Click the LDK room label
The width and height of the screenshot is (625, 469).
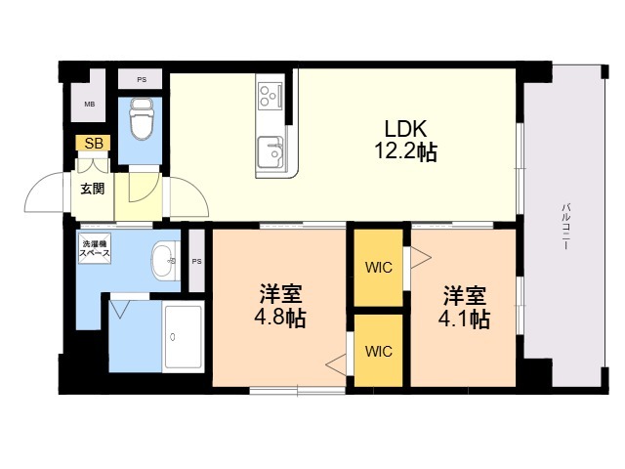coord(406,129)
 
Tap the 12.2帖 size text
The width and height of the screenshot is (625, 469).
coord(406,152)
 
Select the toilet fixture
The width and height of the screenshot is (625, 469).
coord(142,119)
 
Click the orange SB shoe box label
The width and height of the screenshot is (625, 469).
coord(94,143)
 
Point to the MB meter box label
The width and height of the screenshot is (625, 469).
coord(89,105)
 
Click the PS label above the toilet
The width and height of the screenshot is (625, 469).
coord(142,80)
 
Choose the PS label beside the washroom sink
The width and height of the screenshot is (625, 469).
coord(196,262)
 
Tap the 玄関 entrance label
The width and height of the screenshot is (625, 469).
coord(93,189)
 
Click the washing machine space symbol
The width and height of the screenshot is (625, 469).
coord(95,248)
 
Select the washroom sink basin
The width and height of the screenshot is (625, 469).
coord(163,261)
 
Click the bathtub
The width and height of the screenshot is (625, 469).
coord(184,337)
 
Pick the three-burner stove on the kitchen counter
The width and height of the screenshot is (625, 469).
coord(271,96)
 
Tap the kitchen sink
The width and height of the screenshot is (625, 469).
coord(271,152)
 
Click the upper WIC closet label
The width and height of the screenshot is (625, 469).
coord(379,268)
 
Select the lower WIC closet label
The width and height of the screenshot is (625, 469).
coord(379,352)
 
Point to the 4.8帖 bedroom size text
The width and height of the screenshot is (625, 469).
coord(280,319)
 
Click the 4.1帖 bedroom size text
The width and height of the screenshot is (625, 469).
coord(464,319)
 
